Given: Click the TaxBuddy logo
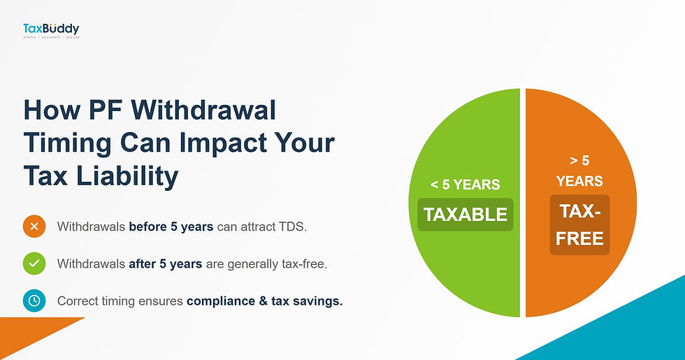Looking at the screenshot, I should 50,30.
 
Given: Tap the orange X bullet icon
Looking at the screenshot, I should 34,226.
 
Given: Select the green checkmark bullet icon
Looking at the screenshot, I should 34,264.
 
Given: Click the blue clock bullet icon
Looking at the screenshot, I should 34,301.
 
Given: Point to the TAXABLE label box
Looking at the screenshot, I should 466,215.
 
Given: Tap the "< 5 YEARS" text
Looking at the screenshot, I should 466,185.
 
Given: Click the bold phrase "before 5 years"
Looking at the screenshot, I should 171,226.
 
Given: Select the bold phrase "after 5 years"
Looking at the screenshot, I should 165,264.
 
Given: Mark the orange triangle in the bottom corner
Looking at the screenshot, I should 28,336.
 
